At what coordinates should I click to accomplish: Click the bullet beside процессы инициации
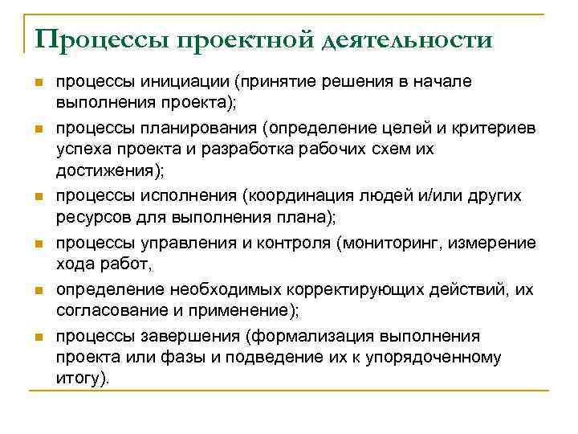point(37,83)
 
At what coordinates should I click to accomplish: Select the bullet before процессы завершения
point(37,337)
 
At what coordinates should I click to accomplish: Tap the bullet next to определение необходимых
point(37,291)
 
